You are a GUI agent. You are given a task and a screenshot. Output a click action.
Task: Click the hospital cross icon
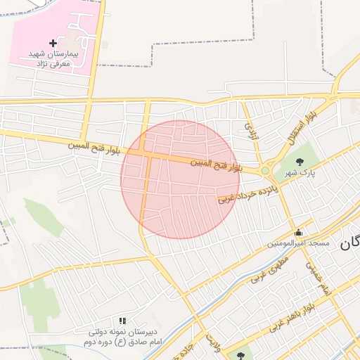click(53, 44)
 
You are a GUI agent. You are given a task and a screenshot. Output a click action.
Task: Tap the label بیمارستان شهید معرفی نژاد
click(53, 58)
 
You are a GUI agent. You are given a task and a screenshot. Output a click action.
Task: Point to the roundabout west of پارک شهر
click(266, 170)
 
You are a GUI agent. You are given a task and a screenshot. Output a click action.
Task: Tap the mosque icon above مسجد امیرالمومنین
click(298, 233)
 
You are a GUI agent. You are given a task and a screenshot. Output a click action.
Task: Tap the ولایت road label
click(213, 344)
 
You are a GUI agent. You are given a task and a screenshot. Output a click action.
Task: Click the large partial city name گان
click(349, 243)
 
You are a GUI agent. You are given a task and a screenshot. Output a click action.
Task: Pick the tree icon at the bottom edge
click(240, 356)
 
